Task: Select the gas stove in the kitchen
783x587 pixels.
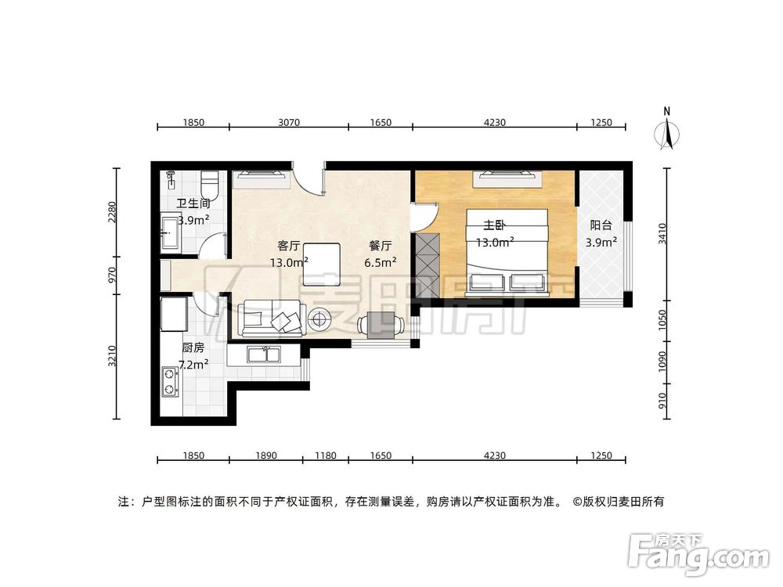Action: (170, 383)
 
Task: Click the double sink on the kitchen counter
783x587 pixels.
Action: (264, 355)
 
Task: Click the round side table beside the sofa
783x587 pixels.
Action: (319, 319)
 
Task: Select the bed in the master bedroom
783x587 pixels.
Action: (507, 252)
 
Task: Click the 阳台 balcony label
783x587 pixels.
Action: (601, 225)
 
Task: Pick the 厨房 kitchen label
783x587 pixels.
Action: (193, 348)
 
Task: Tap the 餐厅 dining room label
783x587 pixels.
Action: (380, 246)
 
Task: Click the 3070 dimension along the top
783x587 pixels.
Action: (289, 122)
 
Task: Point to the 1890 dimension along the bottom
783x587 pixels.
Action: (265, 456)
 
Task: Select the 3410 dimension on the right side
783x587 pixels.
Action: (662, 233)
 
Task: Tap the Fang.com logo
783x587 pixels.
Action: (698, 554)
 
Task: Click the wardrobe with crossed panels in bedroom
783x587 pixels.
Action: (428, 265)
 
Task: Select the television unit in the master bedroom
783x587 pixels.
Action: (507, 178)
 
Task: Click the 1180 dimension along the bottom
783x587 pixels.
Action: (325, 456)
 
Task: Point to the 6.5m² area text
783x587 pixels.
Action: (381, 262)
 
